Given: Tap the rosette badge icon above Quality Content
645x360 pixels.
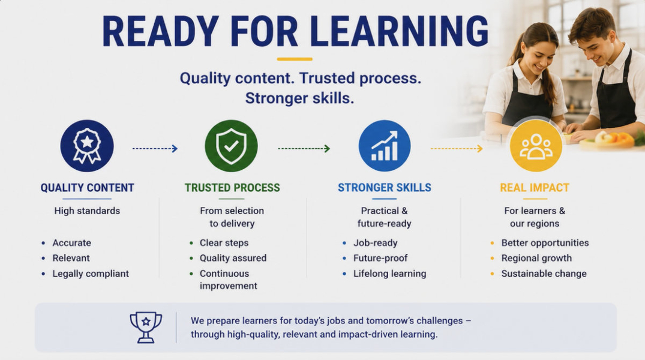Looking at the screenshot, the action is point(87,146).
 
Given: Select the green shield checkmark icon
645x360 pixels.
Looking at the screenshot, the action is point(231,146).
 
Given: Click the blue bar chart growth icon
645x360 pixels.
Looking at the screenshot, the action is point(385,146).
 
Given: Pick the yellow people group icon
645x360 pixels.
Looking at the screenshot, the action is point(536,146).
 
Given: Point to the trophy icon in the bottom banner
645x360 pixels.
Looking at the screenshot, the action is point(146,328).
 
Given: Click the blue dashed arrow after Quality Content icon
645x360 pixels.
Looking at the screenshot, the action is point(155,149).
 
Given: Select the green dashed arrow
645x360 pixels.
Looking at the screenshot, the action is point(304,149).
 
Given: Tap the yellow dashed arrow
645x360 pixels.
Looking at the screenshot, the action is point(457,149).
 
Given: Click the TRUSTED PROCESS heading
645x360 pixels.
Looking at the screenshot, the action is point(232,188).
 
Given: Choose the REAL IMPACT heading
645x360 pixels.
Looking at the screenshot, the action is point(535,188).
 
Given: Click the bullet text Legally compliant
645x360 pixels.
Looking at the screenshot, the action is point(91,274).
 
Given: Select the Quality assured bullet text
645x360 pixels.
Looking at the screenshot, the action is point(233,258).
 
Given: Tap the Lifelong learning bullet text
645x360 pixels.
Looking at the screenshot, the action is point(389,274).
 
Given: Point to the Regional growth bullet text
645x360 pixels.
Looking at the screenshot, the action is point(536,258).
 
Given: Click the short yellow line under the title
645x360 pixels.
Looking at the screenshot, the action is point(295,59).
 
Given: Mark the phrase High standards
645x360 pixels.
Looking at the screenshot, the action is point(87,211).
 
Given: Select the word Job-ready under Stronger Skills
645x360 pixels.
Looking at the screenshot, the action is point(376,243).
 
